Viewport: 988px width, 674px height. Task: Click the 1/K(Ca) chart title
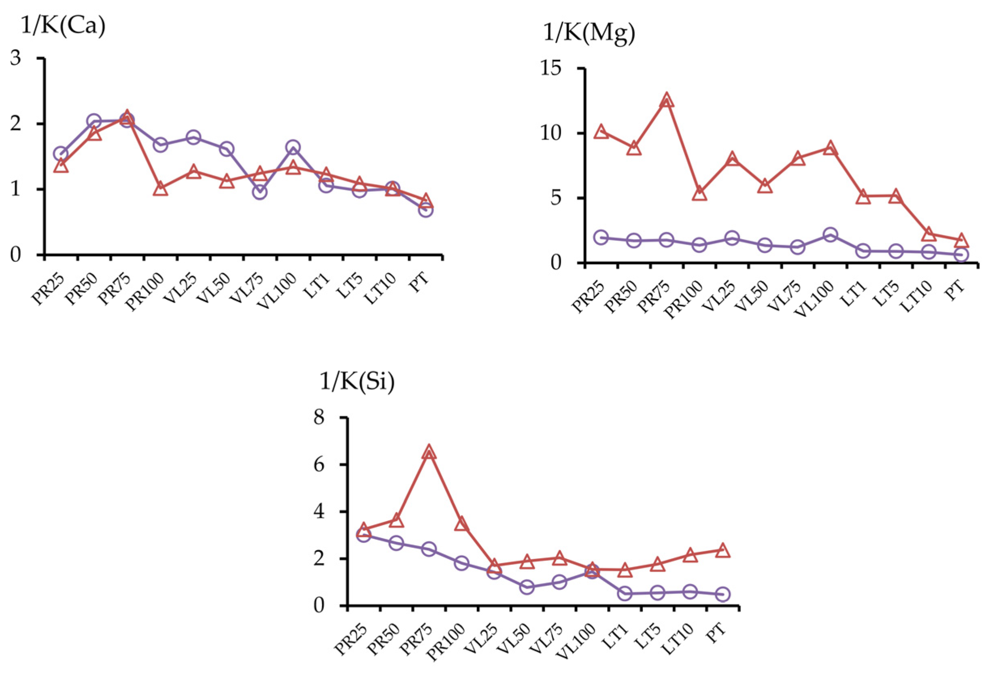(63, 26)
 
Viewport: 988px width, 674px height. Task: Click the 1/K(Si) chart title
(357, 381)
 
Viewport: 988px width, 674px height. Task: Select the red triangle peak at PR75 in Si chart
(429, 452)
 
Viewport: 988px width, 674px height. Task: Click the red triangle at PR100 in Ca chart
(161, 189)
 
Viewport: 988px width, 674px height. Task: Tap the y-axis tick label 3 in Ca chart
(16, 58)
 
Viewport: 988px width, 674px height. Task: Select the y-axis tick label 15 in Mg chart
(551, 68)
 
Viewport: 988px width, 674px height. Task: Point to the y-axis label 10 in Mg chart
(551, 134)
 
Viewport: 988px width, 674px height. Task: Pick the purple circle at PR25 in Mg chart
(601, 237)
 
